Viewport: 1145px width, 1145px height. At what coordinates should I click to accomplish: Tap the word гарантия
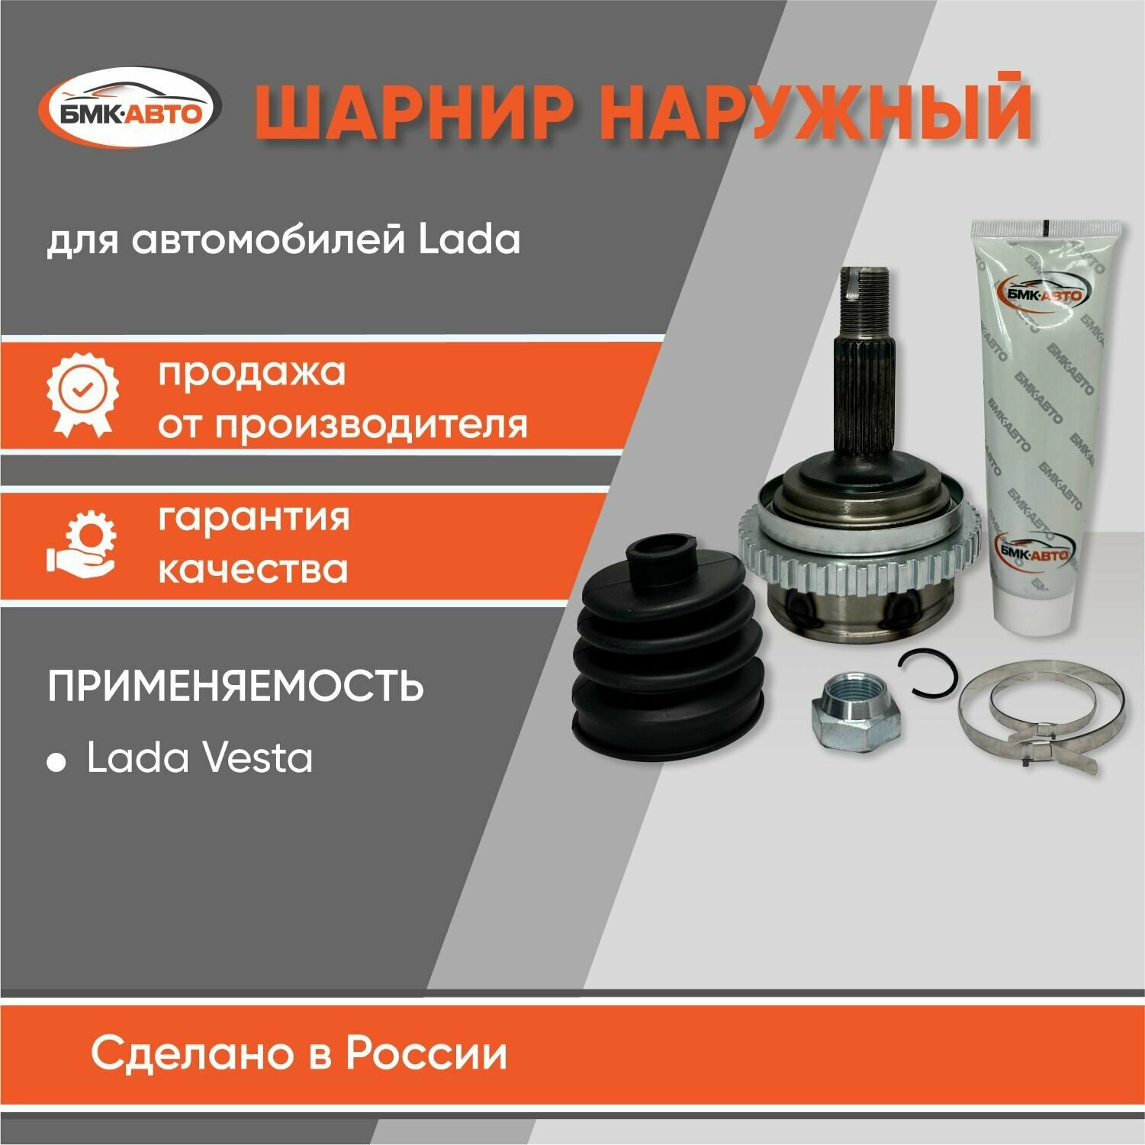tap(254, 517)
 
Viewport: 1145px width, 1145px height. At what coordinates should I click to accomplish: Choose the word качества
tap(252, 569)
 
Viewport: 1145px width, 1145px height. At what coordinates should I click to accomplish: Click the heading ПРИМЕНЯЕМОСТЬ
tap(236, 687)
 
